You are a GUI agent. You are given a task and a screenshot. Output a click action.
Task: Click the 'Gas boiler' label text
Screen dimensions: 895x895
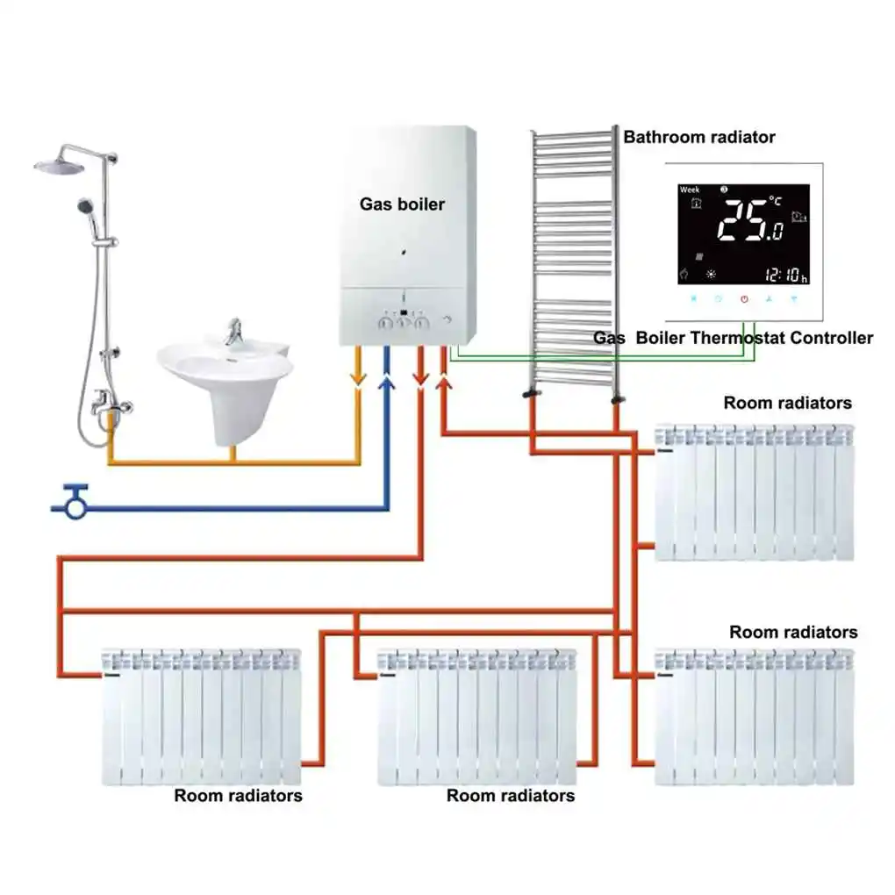click(x=402, y=204)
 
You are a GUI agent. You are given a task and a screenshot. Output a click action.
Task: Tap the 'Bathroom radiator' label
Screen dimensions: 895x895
click(x=699, y=137)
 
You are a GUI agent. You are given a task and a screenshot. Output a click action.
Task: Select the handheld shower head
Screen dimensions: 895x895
click(x=86, y=207)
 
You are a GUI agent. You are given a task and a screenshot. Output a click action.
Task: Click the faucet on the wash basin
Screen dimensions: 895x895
click(x=233, y=331)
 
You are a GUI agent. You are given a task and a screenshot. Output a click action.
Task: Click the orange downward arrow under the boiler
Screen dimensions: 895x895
click(x=357, y=376)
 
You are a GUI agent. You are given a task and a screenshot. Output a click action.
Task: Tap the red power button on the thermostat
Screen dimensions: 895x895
click(x=743, y=299)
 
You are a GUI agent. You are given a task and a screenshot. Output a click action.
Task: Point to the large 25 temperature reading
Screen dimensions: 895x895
click(x=741, y=219)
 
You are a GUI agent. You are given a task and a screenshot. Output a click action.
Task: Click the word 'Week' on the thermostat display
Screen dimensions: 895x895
click(x=690, y=190)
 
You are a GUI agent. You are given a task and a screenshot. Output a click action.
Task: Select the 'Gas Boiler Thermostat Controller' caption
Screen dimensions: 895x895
click(x=733, y=338)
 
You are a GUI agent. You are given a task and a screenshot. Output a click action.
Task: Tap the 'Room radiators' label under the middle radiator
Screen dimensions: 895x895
click(x=511, y=796)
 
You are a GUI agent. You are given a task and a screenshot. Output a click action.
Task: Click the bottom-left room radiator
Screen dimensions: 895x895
click(x=201, y=717)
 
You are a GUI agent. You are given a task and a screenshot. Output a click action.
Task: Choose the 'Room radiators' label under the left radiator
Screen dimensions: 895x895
click(x=238, y=796)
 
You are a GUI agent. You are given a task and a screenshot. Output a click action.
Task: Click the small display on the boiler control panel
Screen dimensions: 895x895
click(x=402, y=312)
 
